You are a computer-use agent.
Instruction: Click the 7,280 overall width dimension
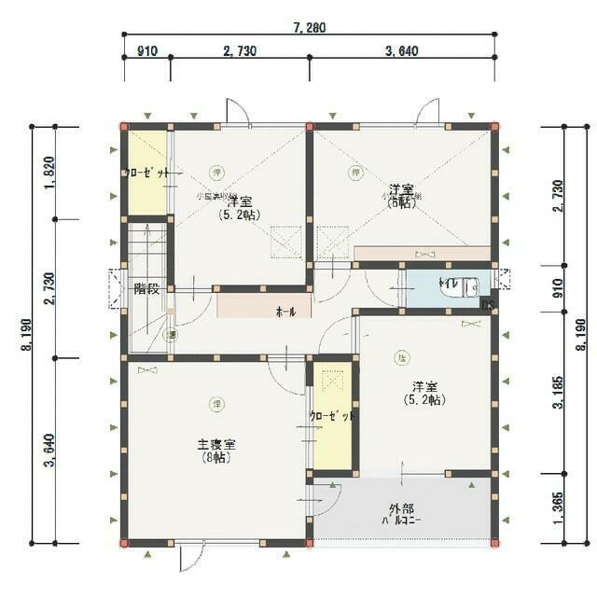point(309,27)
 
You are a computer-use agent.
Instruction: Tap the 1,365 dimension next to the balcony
point(557,508)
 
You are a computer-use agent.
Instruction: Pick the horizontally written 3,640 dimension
point(401,50)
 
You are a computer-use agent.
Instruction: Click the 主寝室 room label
point(215,443)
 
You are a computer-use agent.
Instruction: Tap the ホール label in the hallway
point(285,312)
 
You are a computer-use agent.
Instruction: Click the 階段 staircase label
point(146,288)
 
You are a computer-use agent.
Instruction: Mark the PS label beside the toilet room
point(486,303)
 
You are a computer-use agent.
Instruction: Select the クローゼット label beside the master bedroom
point(332,416)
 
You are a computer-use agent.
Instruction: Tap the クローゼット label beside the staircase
point(145,174)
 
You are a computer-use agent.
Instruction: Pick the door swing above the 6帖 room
point(428,110)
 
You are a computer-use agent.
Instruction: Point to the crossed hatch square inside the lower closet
point(332,383)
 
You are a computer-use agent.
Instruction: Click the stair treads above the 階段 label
point(146,247)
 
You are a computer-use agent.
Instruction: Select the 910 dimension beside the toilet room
point(557,289)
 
